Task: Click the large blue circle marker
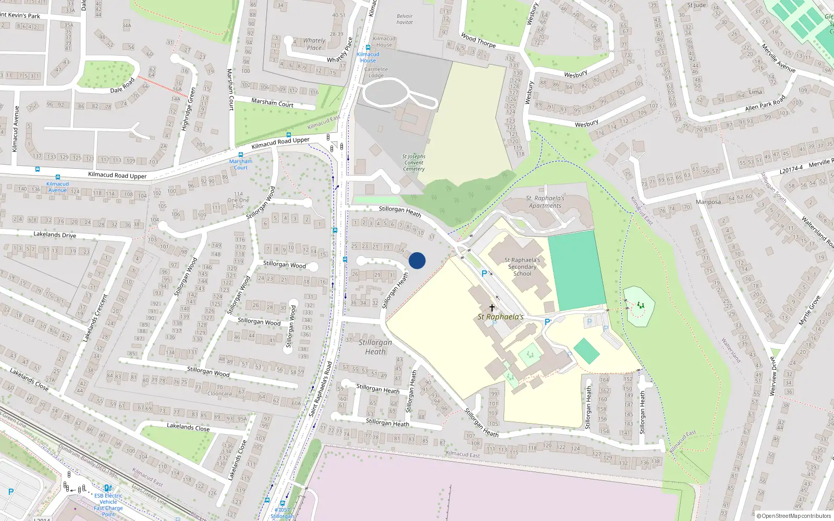pos(417,260)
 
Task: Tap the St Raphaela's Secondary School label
pos(522,267)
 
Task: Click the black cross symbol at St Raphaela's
pos(492,307)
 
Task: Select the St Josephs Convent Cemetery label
pos(414,163)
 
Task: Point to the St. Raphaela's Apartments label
pos(545,202)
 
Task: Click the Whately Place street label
pos(314,44)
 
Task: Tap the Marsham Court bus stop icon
pos(240,155)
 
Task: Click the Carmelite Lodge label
pos(376,72)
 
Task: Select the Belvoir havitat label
pos(404,19)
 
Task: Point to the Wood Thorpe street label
pos(479,40)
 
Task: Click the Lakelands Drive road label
pos(55,235)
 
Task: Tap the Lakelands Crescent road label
pos(94,318)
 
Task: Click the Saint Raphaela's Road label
pos(320,389)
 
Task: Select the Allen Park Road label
pos(765,104)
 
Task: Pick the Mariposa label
pos(708,202)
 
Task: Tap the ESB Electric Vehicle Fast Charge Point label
pos(108,505)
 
